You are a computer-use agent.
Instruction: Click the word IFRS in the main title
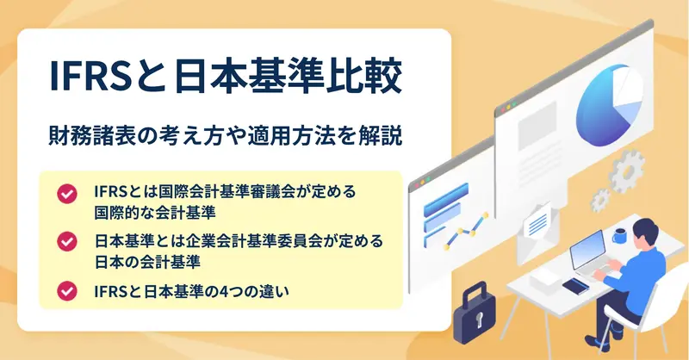click(x=90, y=77)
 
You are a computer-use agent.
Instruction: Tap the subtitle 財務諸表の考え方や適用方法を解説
click(x=226, y=135)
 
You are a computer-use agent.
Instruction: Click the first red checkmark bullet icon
click(x=67, y=194)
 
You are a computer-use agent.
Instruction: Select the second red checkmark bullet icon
click(x=67, y=241)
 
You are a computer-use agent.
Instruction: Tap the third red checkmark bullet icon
click(x=67, y=291)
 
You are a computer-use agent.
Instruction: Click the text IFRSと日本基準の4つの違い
click(x=191, y=291)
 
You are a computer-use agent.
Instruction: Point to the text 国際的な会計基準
click(x=155, y=213)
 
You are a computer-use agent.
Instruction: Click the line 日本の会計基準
click(x=147, y=262)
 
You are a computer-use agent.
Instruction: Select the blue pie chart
click(x=609, y=105)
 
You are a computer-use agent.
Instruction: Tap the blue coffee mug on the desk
click(x=620, y=236)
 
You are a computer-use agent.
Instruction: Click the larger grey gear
click(x=626, y=171)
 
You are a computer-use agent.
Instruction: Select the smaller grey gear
click(x=599, y=201)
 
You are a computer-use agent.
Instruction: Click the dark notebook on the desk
click(x=575, y=287)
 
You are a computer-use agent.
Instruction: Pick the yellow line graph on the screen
click(x=466, y=230)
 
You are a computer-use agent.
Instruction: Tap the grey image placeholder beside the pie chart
click(x=537, y=125)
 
